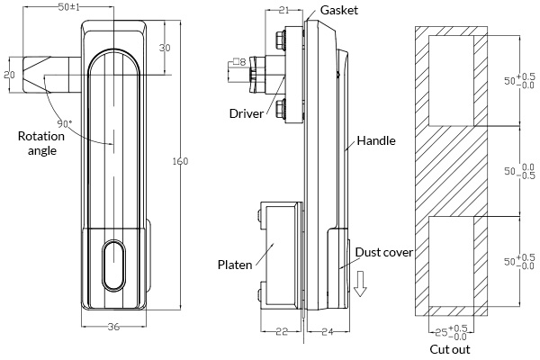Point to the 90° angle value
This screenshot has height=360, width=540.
(x=64, y=122)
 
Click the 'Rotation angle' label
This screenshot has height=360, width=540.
(x=40, y=144)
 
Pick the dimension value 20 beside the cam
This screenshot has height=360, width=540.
(x=8, y=76)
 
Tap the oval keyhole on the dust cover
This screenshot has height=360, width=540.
(x=113, y=265)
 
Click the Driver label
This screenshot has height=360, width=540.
(x=246, y=113)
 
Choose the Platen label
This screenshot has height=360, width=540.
(x=234, y=265)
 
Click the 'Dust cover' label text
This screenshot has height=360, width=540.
(x=383, y=252)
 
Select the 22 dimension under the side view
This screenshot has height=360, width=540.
(x=281, y=332)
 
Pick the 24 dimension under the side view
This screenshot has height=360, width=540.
(x=327, y=332)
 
